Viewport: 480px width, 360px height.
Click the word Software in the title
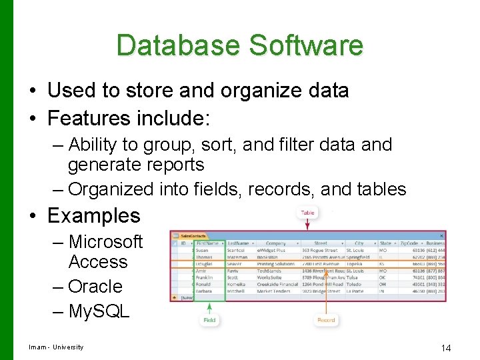click(x=307, y=45)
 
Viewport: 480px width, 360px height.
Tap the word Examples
click(x=94, y=215)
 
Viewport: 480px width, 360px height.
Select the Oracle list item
click(x=95, y=287)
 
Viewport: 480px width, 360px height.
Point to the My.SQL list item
click(x=99, y=311)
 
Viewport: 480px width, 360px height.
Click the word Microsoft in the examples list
click(x=105, y=241)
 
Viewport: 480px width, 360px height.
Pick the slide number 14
click(x=446, y=348)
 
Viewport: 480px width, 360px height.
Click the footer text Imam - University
click(x=56, y=347)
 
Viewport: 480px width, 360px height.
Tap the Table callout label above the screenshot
click(x=307, y=213)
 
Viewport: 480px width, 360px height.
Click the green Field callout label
click(x=210, y=320)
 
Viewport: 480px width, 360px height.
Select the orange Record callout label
click(x=326, y=320)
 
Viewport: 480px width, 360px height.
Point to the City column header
click(x=359, y=243)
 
